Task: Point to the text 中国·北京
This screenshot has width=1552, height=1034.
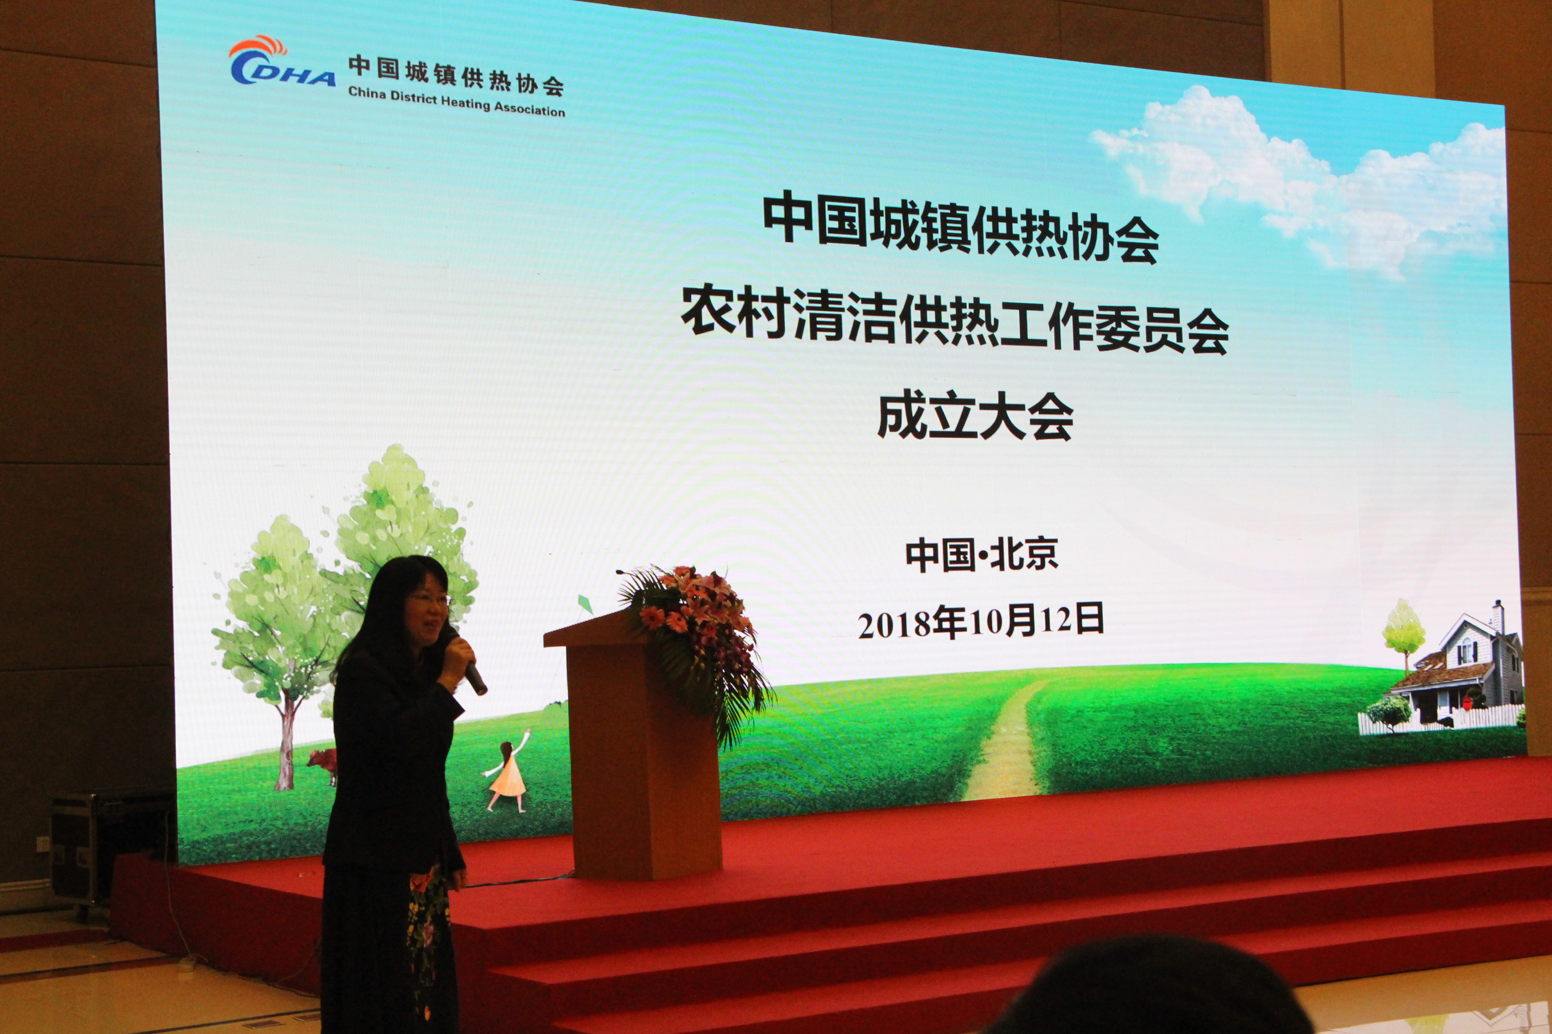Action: pos(982,554)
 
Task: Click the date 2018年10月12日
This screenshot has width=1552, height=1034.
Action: pos(981,622)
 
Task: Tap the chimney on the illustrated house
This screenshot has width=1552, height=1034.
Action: pos(1498,617)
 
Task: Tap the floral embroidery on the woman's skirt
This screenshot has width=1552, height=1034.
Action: pos(426,937)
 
